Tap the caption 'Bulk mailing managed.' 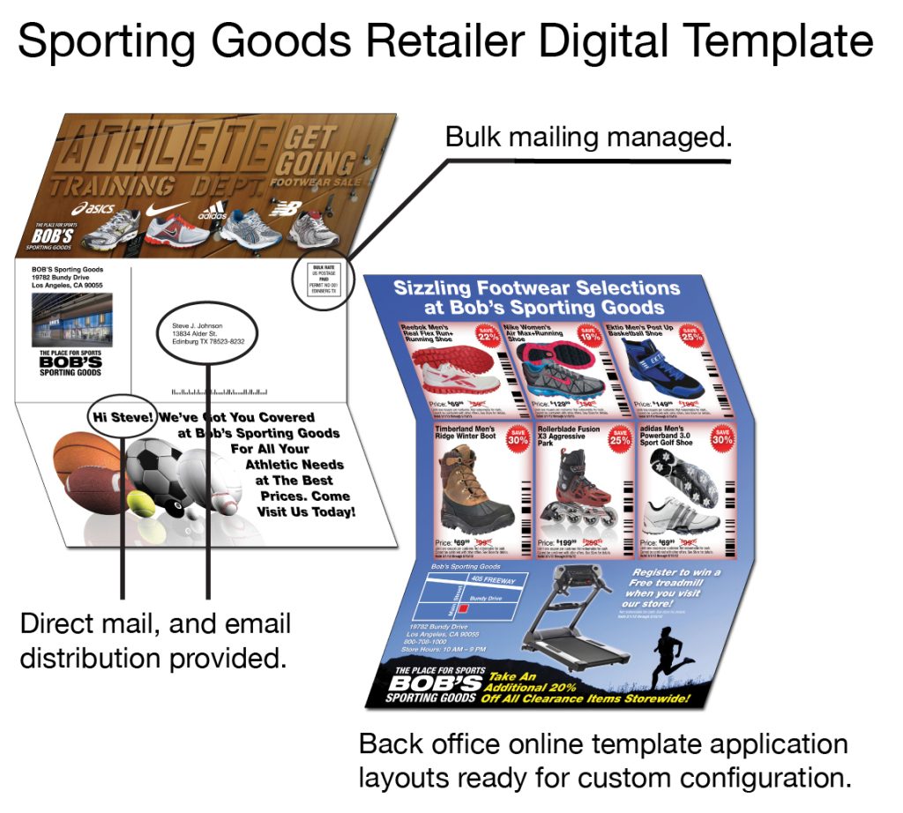click(588, 138)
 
